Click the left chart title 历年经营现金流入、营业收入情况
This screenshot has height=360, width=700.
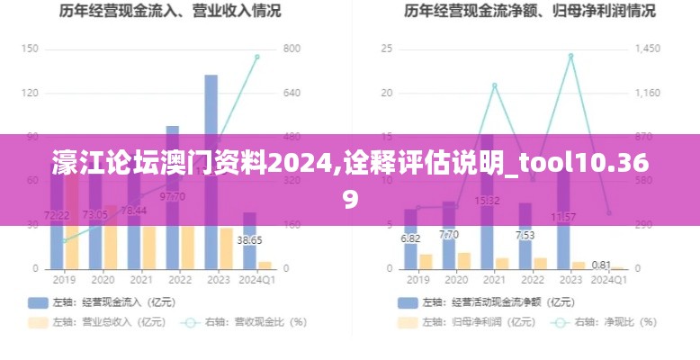pos(170,12)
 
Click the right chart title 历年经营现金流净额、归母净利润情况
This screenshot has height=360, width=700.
pos(529,12)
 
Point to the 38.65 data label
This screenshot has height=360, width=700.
pos(249,240)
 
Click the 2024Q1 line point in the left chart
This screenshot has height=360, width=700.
pos(256,57)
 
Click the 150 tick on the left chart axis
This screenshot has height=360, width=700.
pos(30,49)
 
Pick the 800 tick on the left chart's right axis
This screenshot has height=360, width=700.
pos(291,49)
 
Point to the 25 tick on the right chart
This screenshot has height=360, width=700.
pos(387,49)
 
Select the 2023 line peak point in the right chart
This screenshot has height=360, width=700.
pos(570,56)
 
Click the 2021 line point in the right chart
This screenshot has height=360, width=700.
pos(494,85)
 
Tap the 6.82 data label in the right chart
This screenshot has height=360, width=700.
pos(410,238)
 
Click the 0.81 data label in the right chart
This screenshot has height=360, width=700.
pos(602,265)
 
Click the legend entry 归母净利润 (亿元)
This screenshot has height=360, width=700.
pos(458,321)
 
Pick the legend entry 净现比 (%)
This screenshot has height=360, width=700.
pos(598,321)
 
